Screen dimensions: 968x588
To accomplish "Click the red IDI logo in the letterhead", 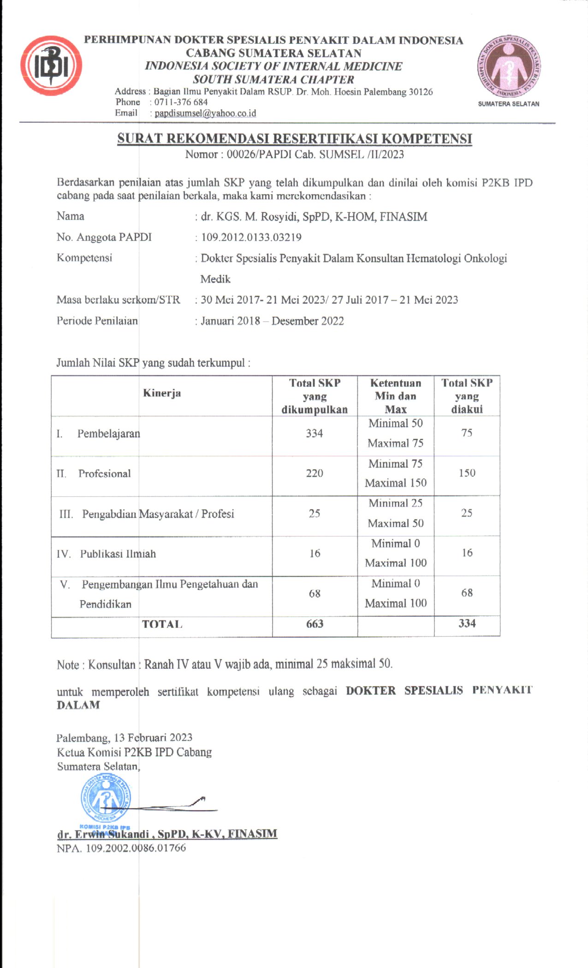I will tap(51, 65).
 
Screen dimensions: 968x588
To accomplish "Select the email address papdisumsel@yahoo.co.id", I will tap(205, 113).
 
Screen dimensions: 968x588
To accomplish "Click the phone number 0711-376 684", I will tap(181, 102).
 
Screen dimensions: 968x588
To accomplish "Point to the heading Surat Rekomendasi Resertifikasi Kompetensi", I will tap(294, 139).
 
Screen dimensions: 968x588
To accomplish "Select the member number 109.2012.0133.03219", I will tap(251, 237).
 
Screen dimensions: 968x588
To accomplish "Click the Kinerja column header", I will tap(162, 393).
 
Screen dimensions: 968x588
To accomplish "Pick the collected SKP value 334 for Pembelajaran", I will tap(315, 433).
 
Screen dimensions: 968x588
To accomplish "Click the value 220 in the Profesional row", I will tap(315, 473).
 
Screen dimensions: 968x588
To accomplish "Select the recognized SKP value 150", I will tap(467, 473).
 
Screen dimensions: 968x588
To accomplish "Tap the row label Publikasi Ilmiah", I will tap(118, 554).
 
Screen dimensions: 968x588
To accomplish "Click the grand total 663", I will tap(315, 624).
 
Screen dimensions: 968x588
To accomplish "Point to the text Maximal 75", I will tap(395, 443).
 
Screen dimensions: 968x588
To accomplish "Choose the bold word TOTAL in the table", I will tap(162, 625).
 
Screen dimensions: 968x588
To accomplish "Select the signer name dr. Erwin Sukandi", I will tap(167, 834).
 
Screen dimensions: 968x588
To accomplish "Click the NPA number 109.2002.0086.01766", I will tap(136, 848).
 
